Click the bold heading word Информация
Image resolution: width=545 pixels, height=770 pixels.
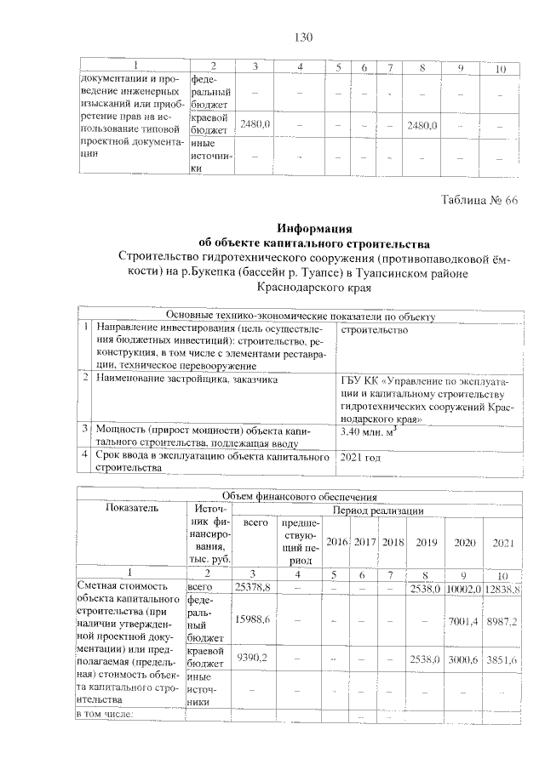[314, 228]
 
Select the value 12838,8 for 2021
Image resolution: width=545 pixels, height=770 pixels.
[504, 588]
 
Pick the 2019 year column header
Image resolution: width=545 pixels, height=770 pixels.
[423, 541]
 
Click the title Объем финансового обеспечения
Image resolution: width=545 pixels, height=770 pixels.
[299, 495]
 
